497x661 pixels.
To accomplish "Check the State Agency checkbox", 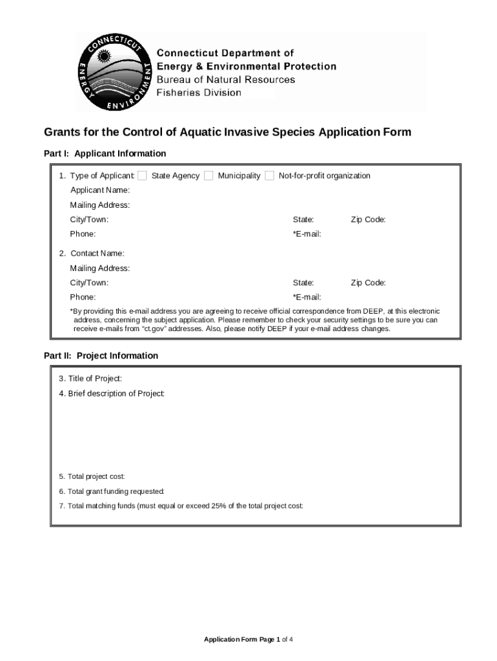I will tap(142, 176).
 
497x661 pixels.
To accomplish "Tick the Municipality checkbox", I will tap(208, 176).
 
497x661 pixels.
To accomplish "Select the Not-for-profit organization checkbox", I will tap(269, 176).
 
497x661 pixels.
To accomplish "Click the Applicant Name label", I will tap(100, 190).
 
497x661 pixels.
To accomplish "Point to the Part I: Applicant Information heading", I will tap(105, 154).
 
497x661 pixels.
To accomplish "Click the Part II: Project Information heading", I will tap(101, 356).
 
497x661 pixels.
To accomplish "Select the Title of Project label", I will tap(90, 378).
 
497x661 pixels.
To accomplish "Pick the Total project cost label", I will tap(92, 476).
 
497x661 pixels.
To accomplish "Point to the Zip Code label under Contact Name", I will tap(368, 283).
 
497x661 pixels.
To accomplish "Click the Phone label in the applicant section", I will tap(83, 234).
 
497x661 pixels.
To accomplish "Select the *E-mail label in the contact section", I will tap(307, 297).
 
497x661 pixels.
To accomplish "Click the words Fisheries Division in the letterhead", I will tap(199, 92).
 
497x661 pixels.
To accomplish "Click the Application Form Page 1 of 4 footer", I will tap(249, 640).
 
